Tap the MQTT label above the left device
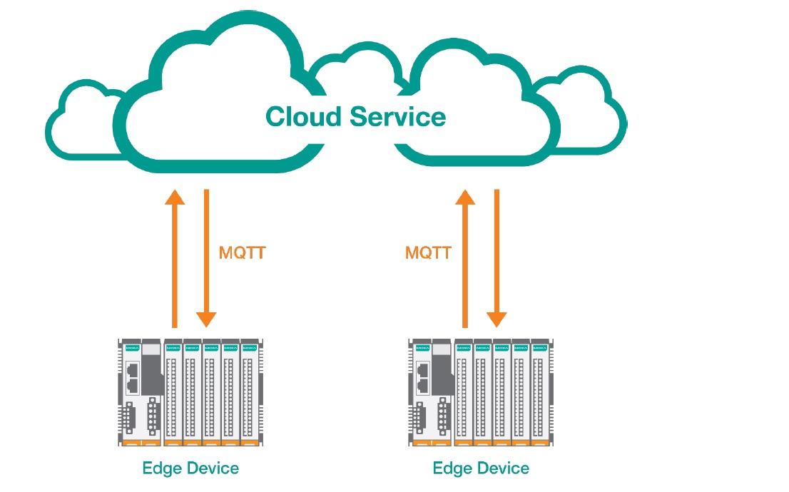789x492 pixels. click(x=243, y=252)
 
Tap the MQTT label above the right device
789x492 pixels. click(x=428, y=252)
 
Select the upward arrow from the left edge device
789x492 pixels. click(x=174, y=257)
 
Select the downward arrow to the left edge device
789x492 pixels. click(x=206, y=257)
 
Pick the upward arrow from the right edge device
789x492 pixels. click(x=466, y=257)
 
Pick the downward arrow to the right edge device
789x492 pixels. click(x=497, y=257)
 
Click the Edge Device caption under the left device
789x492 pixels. click(x=190, y=468)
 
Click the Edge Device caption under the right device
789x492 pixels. click(x=481, y=468)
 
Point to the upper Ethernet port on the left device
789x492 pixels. click(x=132, y=371)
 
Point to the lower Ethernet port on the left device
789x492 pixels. click(x=132, y=386)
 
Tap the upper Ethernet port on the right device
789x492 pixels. click(x=423, y=371)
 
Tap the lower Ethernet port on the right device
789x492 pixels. click(x=423, y=386)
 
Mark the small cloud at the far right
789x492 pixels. click(x=585, y=114)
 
